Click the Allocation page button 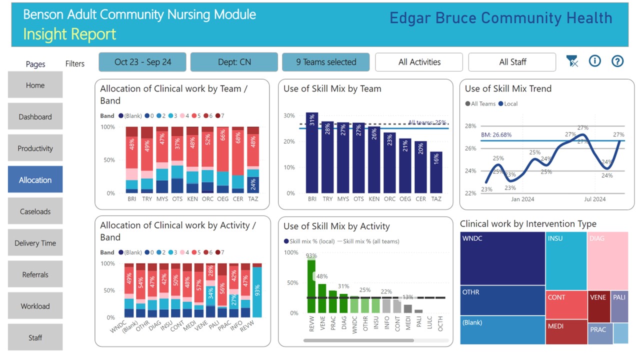pyautogui.click(x=35, y=179)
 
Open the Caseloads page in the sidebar pyautogui.click(x=35, y=211)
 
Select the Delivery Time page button pyautogui.click(x=35, y=243)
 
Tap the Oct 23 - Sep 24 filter pyautogui.click(x=142, y=62)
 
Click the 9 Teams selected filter pyautogui.click(x=326, y=62)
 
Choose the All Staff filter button pyautogui.click(x=512, y=62)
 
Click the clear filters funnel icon pyautogui.click(x=572, y=61)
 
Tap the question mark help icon pyautogui.click(x=618, y=61)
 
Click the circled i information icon pyautogui.click(x=594, y=61)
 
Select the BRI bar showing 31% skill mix pyautogui.click(x=312, y=153)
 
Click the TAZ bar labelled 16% pyautogui.click(x=436, y=172)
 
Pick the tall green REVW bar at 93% pyautogui.click(x=311, y=285)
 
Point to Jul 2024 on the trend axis pyautogui.click(x=595, y=199)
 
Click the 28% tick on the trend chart pyautogui.click(x=470, y=126)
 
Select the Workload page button pyautogui.click(x=35, y=306)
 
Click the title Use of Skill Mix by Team pyautogui.click(x=332, y=89)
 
